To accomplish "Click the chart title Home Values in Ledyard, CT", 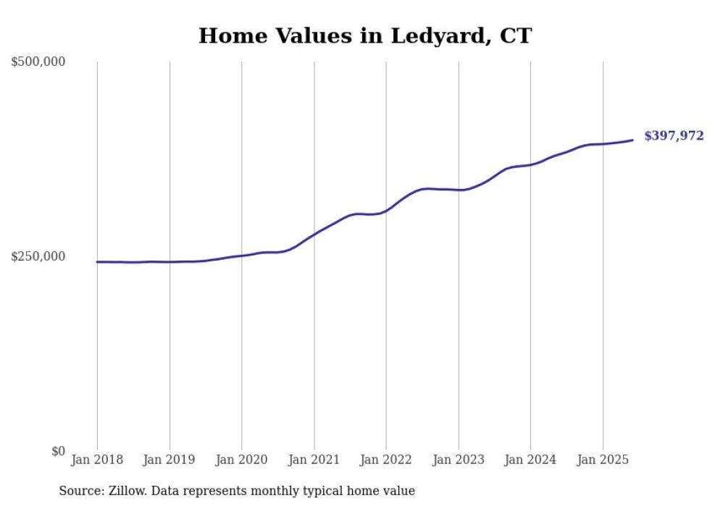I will click(x=364, y=35).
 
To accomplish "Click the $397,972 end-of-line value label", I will click(x=673, y=135).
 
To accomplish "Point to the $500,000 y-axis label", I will click(x=38, y=62).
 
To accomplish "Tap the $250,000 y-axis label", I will click(x=38, y=256).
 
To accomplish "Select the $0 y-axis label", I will click(x=58, y=452).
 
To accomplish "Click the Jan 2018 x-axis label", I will click(x=97, y=460).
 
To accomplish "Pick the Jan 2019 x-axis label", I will click(x=170, y=460).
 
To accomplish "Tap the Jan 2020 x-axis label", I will click(x=241, y=460).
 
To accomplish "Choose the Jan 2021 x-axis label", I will click(x=314, y=460).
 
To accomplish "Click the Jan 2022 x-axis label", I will click(x=386, y=460).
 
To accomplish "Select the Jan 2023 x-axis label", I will click(x=458, y=460).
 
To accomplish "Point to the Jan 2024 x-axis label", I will click(x=530, y=460).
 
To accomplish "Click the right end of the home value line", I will click(x=632, y=140).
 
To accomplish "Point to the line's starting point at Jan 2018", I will click(x=97, y=262).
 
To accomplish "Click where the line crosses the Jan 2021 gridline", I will click(x=314, y=234).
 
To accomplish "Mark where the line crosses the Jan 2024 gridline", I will click(x=530, y=165).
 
